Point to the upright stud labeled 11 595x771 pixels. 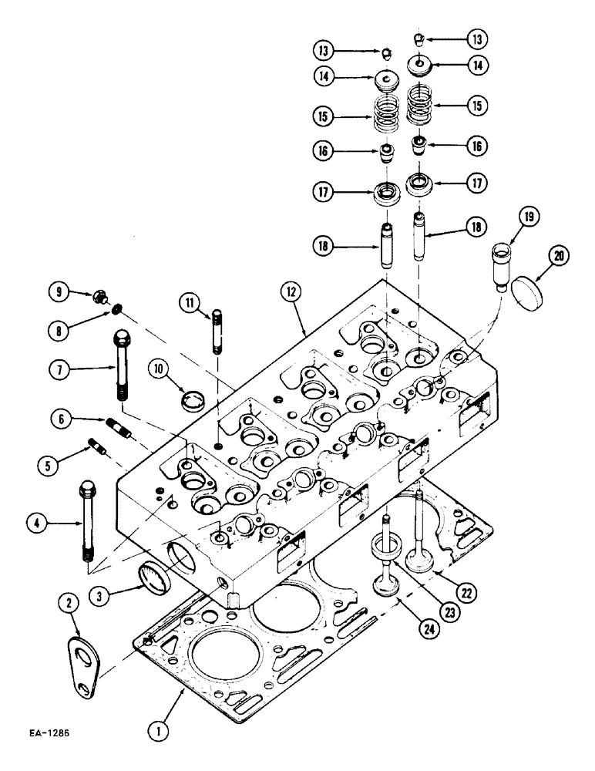click(217, 330)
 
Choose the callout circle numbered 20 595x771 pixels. click(560, 258)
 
